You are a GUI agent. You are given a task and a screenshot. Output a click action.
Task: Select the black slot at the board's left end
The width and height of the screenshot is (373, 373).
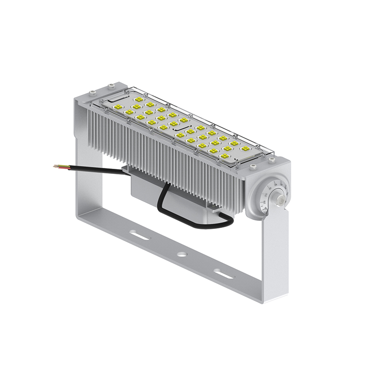coord(117,99)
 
